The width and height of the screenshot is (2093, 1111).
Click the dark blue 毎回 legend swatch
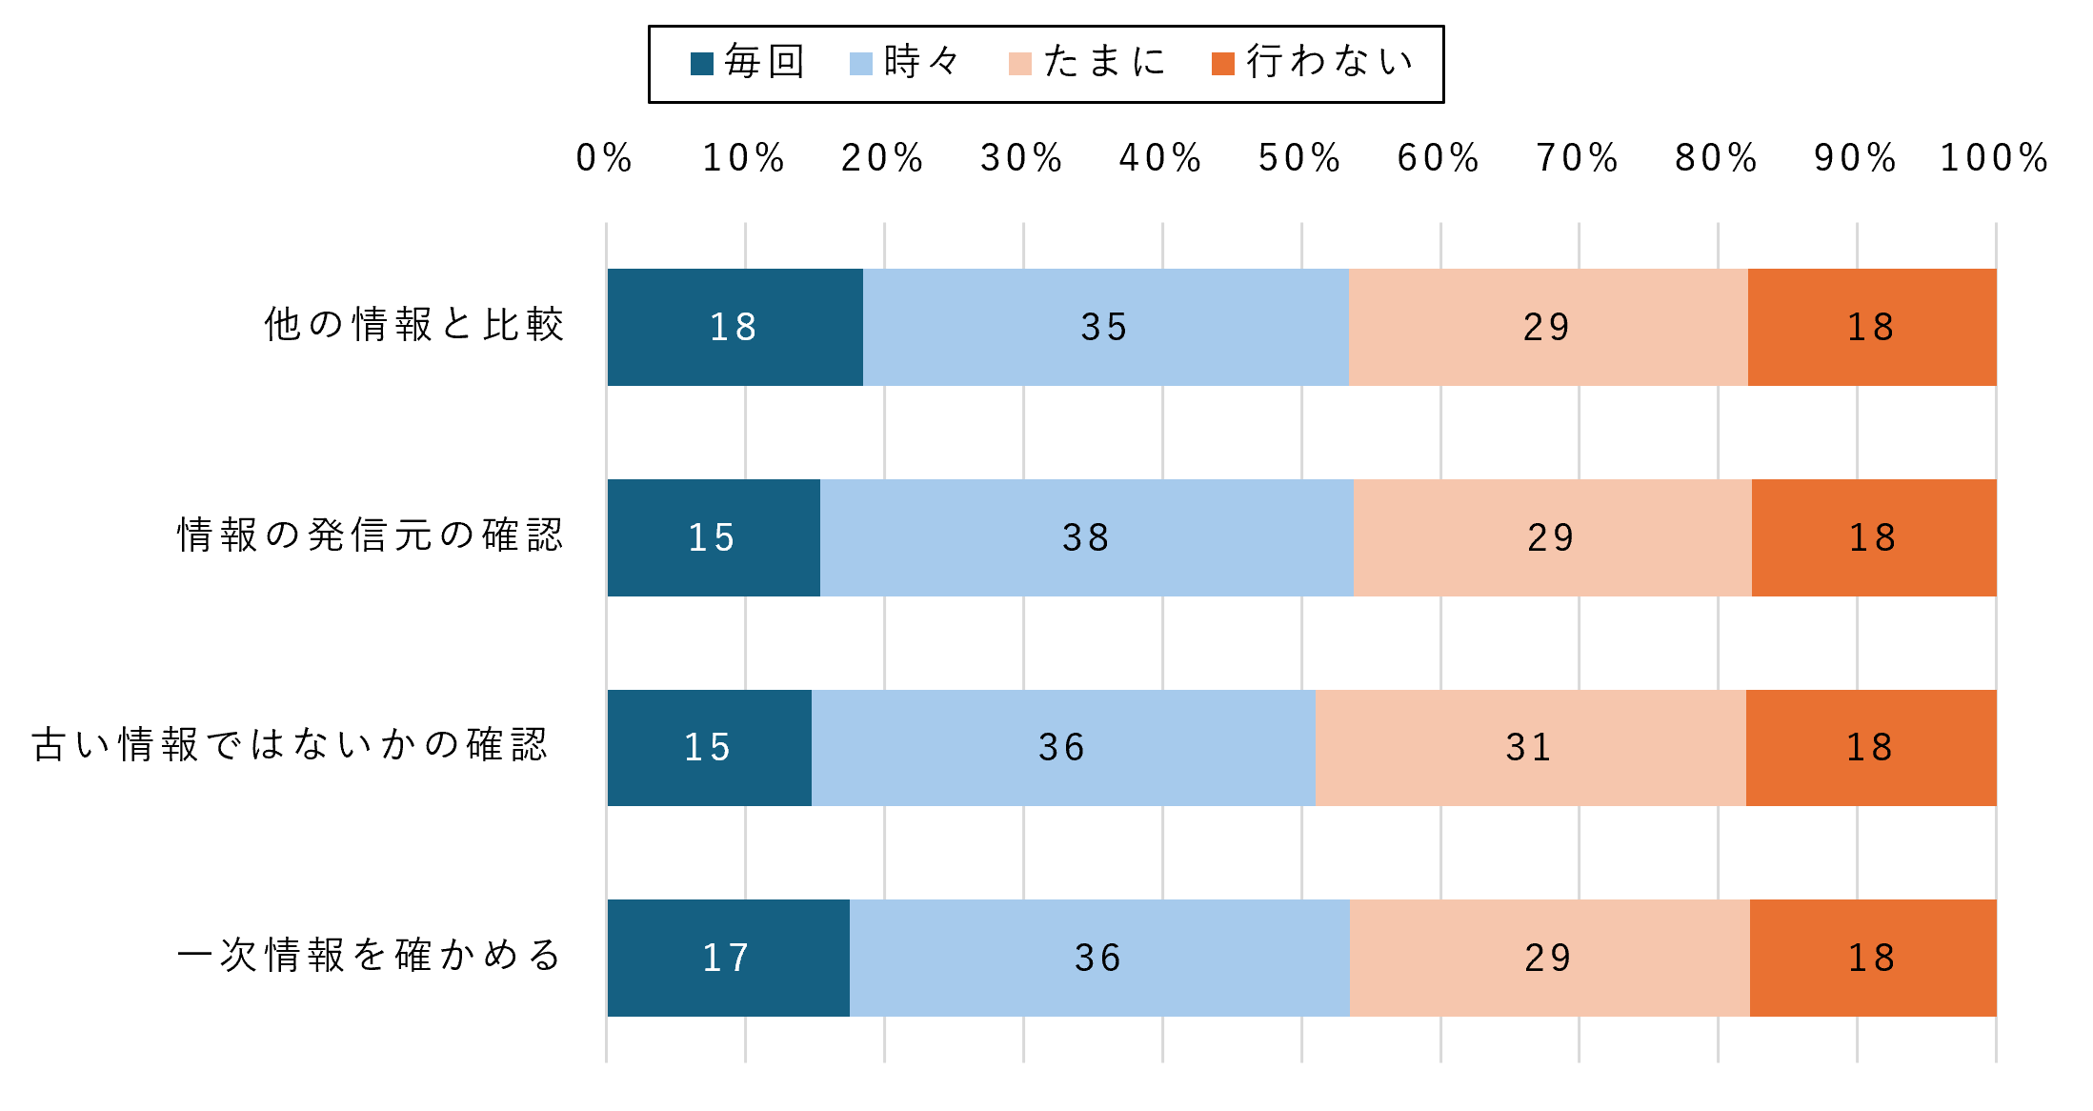[x=702, y=64]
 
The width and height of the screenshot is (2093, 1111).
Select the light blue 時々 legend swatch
[x=861, y=64]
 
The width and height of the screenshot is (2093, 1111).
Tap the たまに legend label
[x=1105, y=62]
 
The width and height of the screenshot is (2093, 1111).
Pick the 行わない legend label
[x=1330, y=62]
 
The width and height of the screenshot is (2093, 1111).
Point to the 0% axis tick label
[x=605, y=158]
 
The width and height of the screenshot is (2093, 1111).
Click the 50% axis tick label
[x=1300, y=158]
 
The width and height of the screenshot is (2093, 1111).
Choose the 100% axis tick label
[x=1995, y=158]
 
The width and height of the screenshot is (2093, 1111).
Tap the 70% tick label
[x=1579, y=158]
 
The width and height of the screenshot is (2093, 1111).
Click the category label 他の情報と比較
[x=414, y=325]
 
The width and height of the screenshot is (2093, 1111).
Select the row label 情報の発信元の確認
[x=371, y=535]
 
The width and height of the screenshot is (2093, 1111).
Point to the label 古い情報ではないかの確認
[x=290, y=745]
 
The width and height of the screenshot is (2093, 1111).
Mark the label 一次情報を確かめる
[x=371, y=956]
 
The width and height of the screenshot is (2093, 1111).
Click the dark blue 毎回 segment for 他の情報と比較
[x=735, y=327]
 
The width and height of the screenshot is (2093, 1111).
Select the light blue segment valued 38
[x=1087, y=537]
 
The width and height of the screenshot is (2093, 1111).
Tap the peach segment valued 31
[x=1531, y=748]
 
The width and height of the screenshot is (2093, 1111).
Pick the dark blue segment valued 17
[x=729, y=958]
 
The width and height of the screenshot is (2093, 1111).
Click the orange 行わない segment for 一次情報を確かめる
[x=1873, y=958]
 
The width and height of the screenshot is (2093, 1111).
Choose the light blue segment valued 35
[x=1106, y=327]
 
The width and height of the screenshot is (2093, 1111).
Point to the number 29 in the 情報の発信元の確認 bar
[x=1551, y=538]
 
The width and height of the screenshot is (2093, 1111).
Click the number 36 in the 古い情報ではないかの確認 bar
[x=1062, y=748]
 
